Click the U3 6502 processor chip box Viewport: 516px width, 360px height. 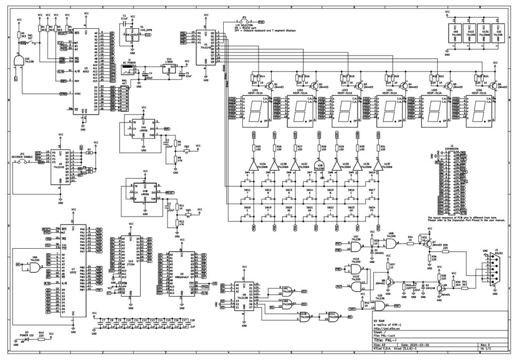pyautogui.click(x=86, y=70)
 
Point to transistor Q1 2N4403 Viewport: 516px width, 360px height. pyautogui.click(x=271, y=86)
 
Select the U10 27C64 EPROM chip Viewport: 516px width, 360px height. pyautogui.click(x=131, y=267)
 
